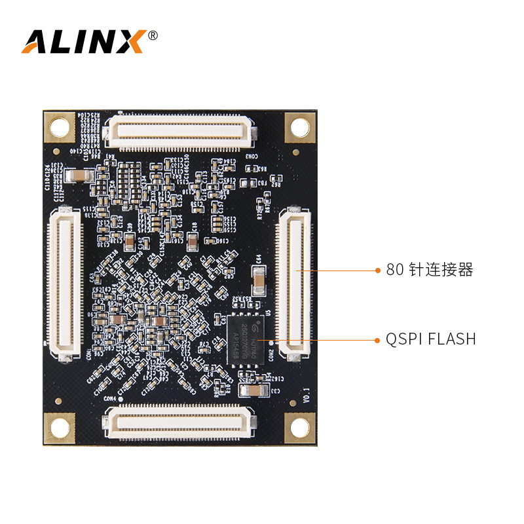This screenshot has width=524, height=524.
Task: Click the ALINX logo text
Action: click(x=83, y=41)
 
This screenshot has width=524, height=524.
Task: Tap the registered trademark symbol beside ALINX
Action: click(x=153, y=35)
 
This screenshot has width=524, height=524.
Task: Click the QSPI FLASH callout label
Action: click(x=430, y=339)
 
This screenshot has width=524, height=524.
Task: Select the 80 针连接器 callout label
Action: click(x=429, y=270)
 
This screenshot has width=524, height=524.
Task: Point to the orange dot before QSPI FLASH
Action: click(x=377, y=339)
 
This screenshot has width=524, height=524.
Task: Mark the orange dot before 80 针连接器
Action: click(x=377, y=270)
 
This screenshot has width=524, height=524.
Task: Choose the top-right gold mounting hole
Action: click(x=299, y=126)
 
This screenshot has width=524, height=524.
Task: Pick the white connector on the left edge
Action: click(x=65, y=284)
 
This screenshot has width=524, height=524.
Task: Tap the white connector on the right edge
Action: click(x=293, y=282)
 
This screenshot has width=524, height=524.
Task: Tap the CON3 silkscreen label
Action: click(x=252, y=155)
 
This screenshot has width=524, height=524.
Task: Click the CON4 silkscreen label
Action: click(x=109, y=398)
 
